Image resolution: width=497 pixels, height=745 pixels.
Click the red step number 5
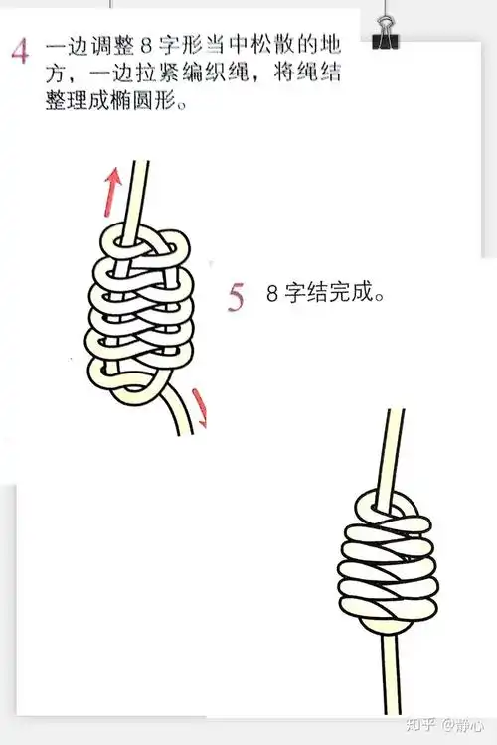(x=236, y=296)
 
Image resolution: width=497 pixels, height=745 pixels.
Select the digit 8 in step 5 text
(x=272, y=295)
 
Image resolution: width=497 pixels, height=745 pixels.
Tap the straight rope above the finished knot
(x=396, y=447)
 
